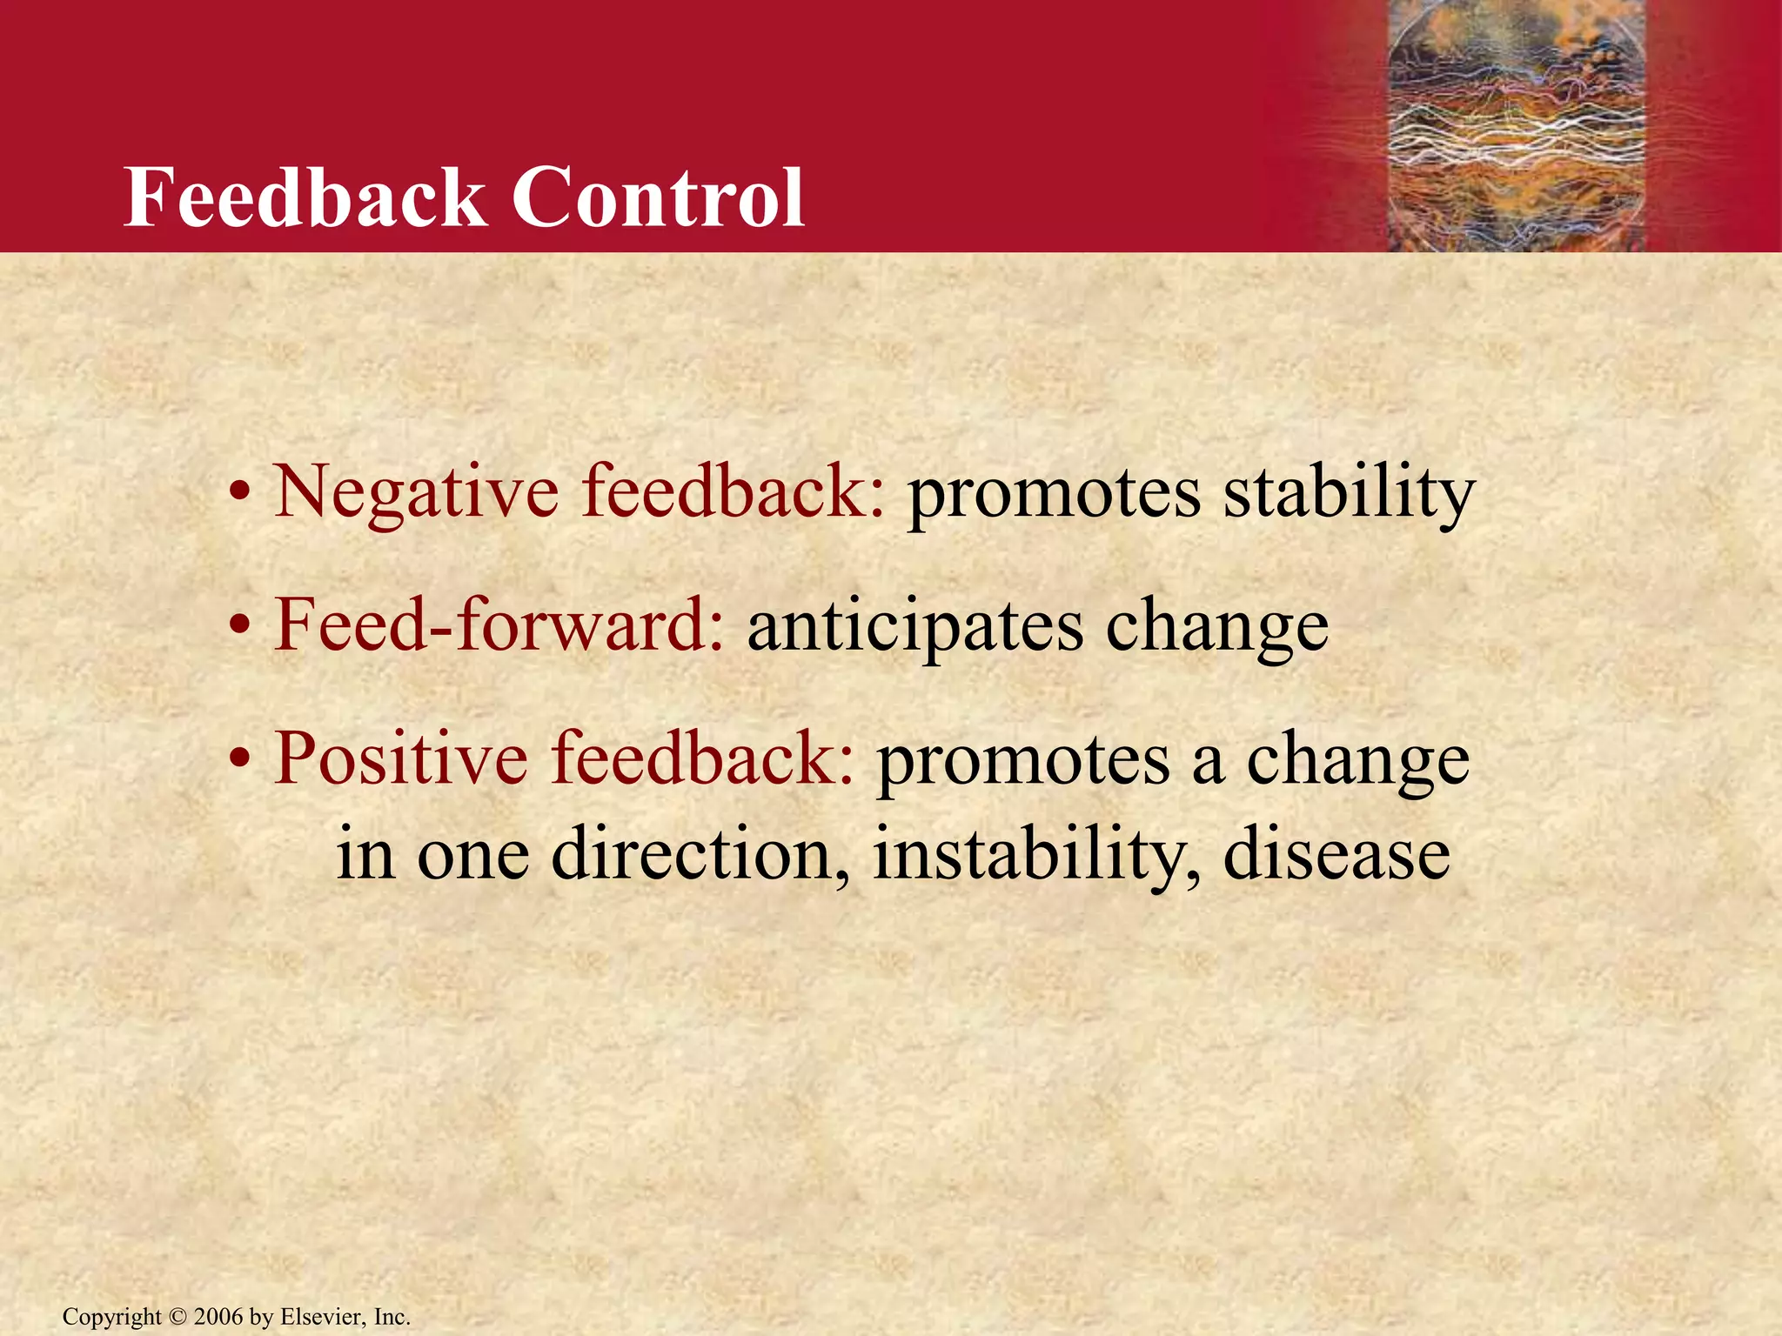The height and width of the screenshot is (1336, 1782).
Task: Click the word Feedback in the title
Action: point(305,198)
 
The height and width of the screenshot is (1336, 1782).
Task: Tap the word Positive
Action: point(400,758)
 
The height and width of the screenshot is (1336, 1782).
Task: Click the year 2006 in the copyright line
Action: point(218,1317)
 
